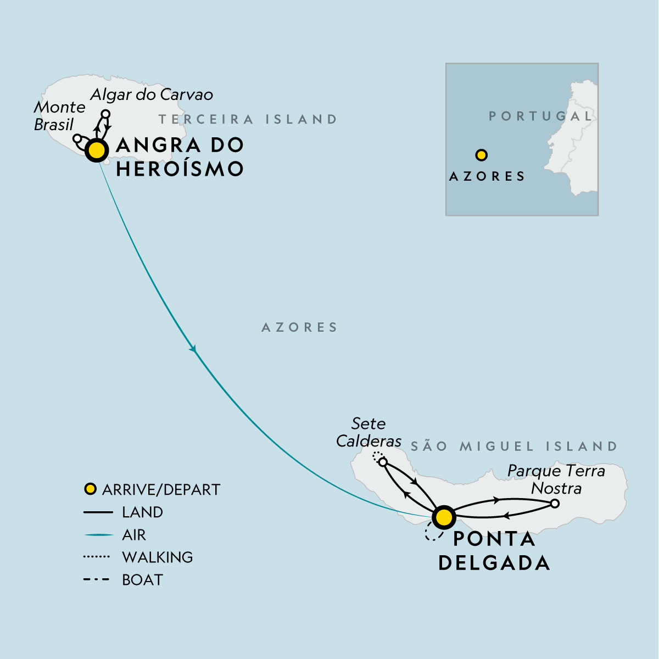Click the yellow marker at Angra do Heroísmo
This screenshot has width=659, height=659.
(97, 150)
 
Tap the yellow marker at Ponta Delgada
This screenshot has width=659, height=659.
(444, 517)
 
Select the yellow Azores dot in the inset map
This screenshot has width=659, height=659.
(482, 155)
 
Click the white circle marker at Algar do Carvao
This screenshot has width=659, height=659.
(106, 114)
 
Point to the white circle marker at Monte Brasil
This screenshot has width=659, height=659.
(77, 138)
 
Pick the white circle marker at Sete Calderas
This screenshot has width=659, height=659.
(383, 462)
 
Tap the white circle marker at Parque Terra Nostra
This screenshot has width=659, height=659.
(555, 504)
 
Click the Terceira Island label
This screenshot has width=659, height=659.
(248, 119)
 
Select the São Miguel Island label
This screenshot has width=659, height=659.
(514, 446)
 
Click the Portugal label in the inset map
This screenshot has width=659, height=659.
(541, 116)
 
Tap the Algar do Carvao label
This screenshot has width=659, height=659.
(152, 94)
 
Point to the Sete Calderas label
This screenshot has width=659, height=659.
(368, 432)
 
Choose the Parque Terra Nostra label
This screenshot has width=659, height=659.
(556, 479)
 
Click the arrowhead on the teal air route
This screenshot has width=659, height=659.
(193, 349)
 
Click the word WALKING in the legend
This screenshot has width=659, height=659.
(158, 557)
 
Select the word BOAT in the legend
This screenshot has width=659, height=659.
(142, 580)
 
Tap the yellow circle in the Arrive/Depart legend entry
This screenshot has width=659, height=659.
(90, 489)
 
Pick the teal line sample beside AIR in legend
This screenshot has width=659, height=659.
(98, 535)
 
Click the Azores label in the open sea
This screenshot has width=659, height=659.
(300, 327)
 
